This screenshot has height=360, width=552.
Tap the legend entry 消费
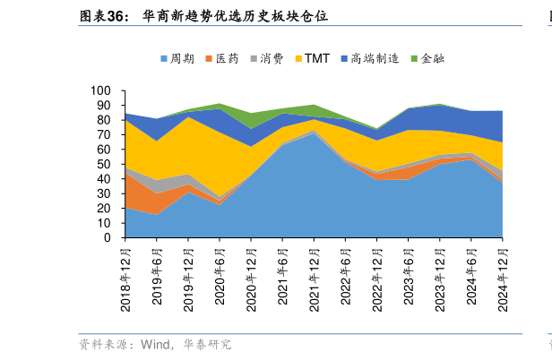click(272, 59)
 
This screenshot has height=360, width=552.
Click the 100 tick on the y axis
click(100, 91)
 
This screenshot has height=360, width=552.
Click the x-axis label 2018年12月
click(125, 279)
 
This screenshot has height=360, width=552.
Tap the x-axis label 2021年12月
click(314, 279)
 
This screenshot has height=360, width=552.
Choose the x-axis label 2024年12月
click(502, 279)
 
